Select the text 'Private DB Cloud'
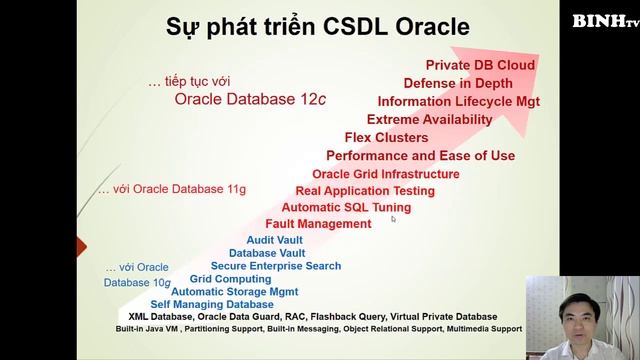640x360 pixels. pyautogui.click(x=480, y=65)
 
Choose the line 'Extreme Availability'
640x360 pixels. pyautogui.click(x=430, y=119)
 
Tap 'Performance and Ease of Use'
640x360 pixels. pyautogui.click(x=421, y=156)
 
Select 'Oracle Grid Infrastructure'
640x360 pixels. pyautogui.click(x=386, y=174)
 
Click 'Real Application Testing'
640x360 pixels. pyautogui.click(x=365, y=190)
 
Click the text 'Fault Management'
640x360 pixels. pyautogui.click(x=318, y=224)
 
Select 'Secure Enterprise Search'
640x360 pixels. pyautogui.click(x=276, y=266)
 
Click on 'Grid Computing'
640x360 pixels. pyautogui.click(x=231, y=279)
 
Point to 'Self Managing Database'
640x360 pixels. pyautogui.click(x=212, y=304)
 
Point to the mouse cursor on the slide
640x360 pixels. pyautogui.click(x=394, y=218)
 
